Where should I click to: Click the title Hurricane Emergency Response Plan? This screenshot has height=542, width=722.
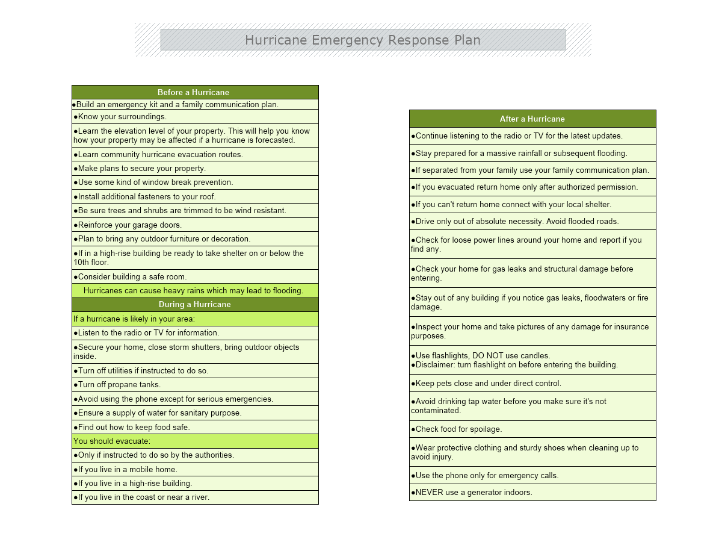tap(362, 40)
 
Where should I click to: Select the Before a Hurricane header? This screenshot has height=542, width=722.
tap(193, 92)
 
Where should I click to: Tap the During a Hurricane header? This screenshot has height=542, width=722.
tap(194, 304)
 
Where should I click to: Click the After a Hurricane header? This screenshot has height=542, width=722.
tap(532, 119)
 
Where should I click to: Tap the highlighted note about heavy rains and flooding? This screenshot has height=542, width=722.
tap(193, 290)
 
